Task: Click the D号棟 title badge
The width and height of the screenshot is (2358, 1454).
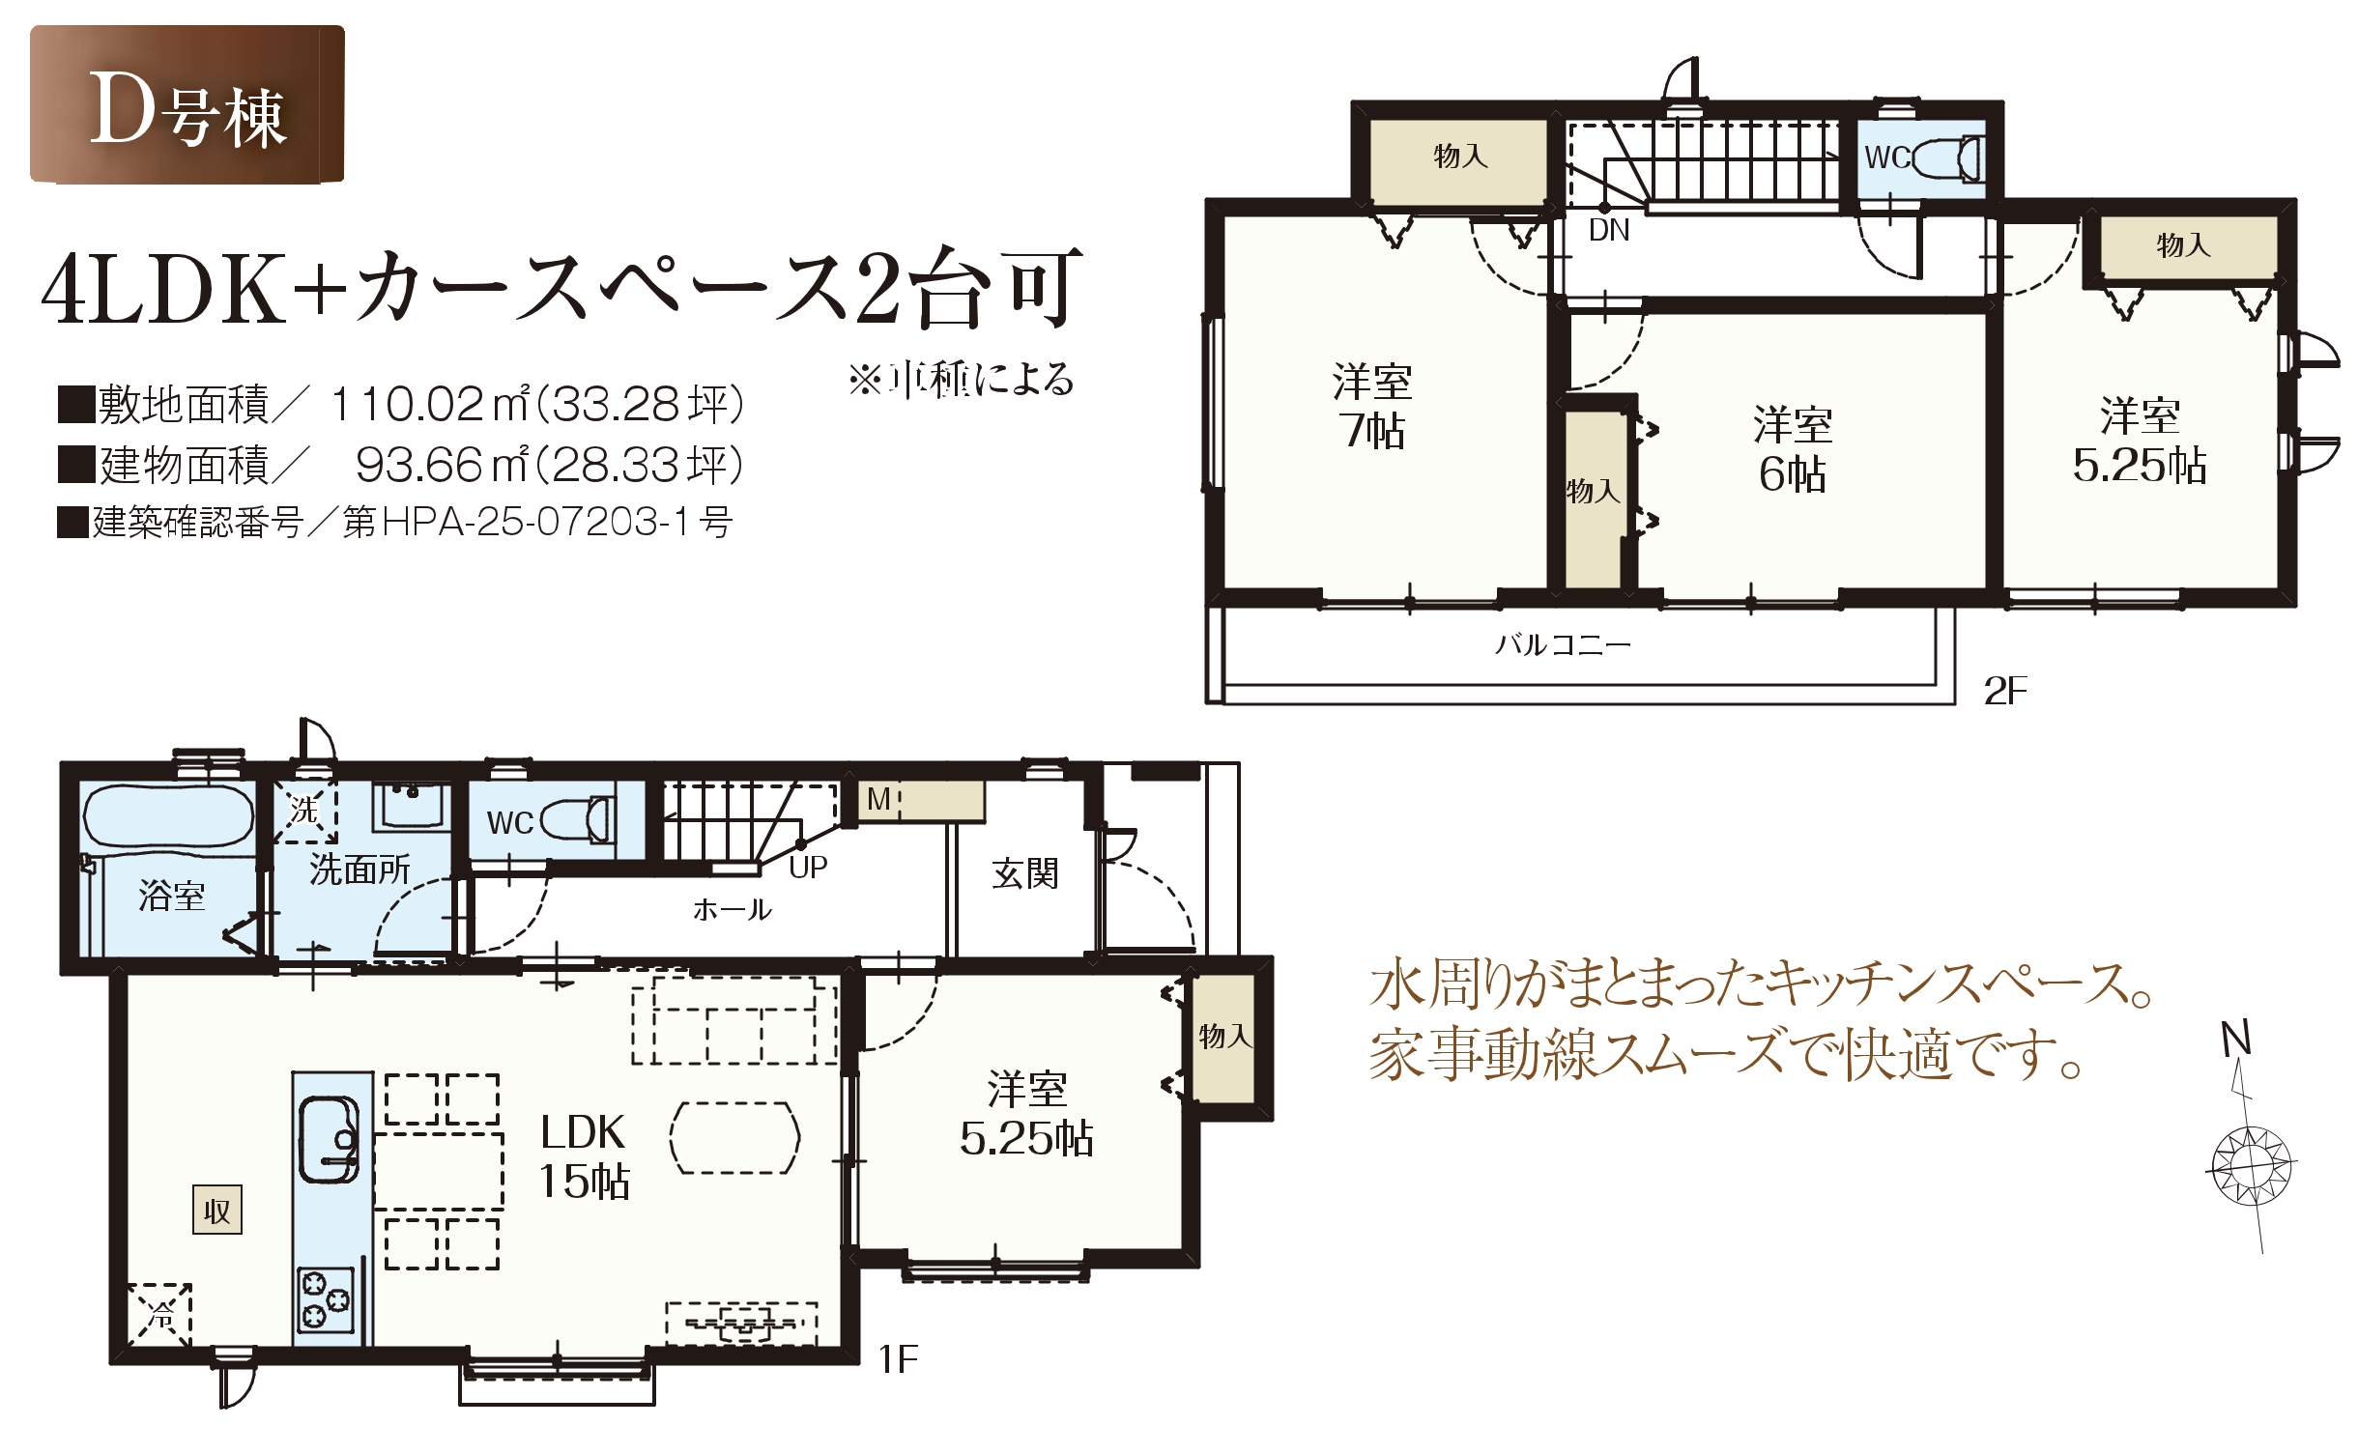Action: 187,104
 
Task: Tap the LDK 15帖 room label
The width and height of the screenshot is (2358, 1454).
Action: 584,1155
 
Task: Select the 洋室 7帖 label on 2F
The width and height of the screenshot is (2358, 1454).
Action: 1372,406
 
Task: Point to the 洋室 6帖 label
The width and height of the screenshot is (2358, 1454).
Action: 1793,449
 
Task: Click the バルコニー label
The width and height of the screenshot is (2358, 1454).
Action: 1563,644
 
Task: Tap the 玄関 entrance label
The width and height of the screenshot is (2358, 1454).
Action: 1025,873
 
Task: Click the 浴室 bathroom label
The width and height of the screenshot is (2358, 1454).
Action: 172,896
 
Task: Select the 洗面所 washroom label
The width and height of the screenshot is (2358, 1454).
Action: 359,870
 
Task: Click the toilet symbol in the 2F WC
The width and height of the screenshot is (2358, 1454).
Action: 1945,158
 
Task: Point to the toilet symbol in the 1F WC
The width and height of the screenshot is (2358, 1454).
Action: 577,821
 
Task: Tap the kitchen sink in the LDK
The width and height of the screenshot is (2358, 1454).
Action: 330,1139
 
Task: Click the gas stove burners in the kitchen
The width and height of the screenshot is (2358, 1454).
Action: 326,1300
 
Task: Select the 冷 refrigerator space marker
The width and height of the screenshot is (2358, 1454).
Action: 159,1314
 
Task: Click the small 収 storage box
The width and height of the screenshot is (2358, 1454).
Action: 217,1210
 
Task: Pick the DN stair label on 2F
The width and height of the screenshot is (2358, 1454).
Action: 1609,230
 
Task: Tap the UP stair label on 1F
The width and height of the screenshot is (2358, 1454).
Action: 808,867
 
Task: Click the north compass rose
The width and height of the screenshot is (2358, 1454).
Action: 2253,1166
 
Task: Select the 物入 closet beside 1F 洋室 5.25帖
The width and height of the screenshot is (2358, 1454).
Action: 1224,1038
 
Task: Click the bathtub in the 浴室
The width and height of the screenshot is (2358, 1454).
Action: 168,816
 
